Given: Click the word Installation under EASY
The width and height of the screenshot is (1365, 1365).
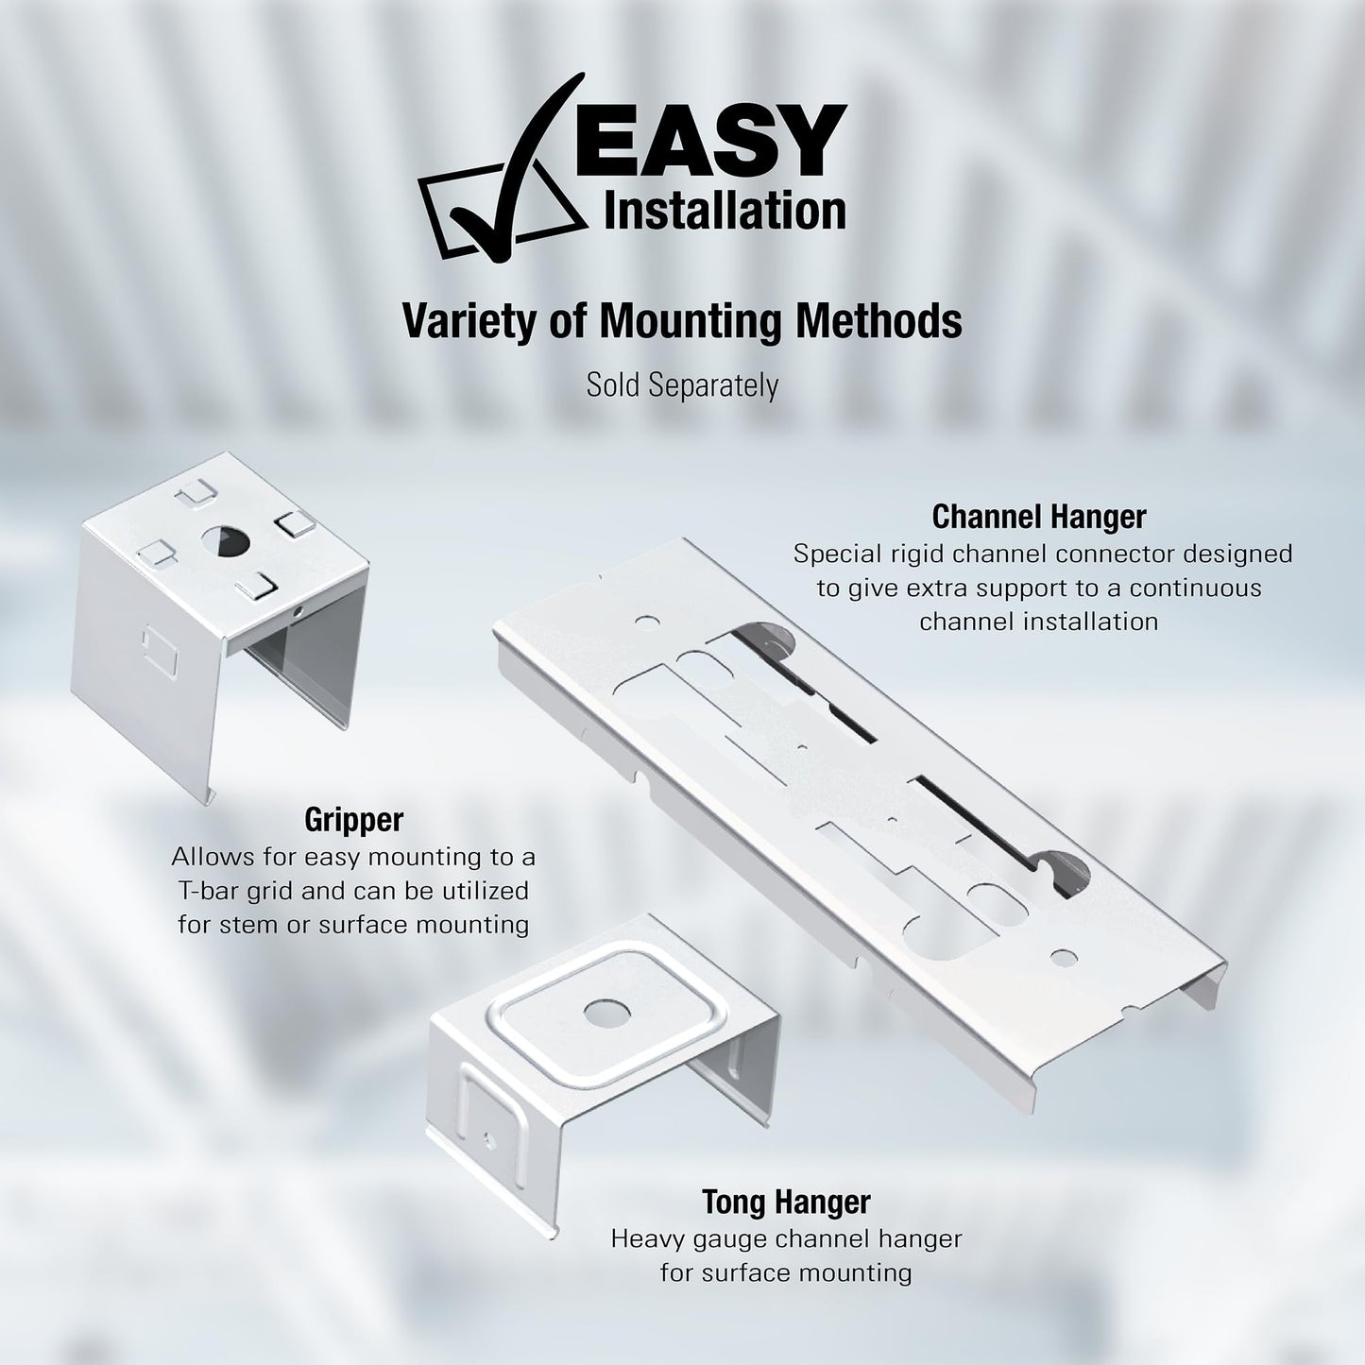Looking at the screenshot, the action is pyautogui.click(x=725, y=211).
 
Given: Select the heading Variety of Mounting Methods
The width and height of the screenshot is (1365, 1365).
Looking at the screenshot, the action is pyautogui.click(x=682, y=321).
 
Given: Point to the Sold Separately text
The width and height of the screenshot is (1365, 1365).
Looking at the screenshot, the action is pyautogui.click(x=682, y=385).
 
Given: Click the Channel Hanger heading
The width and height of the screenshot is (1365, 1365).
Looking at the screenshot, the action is pyautogui.click(x=1039, y=517).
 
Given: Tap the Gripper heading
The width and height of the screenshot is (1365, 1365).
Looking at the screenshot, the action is pyautogui.click(x=353, y=820).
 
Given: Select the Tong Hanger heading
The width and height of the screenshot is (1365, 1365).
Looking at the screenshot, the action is pyautogui.click(x=786, y=1203).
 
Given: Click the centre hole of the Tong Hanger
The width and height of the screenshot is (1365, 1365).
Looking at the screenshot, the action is pyautogui.click(x=607, y=1013).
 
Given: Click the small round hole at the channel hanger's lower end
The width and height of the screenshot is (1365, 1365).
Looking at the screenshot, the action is pyautogui.click(x=1064, y=959).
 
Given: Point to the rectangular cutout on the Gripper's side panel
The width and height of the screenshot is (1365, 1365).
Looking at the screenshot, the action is pyautogui.click(x=160, y=649).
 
